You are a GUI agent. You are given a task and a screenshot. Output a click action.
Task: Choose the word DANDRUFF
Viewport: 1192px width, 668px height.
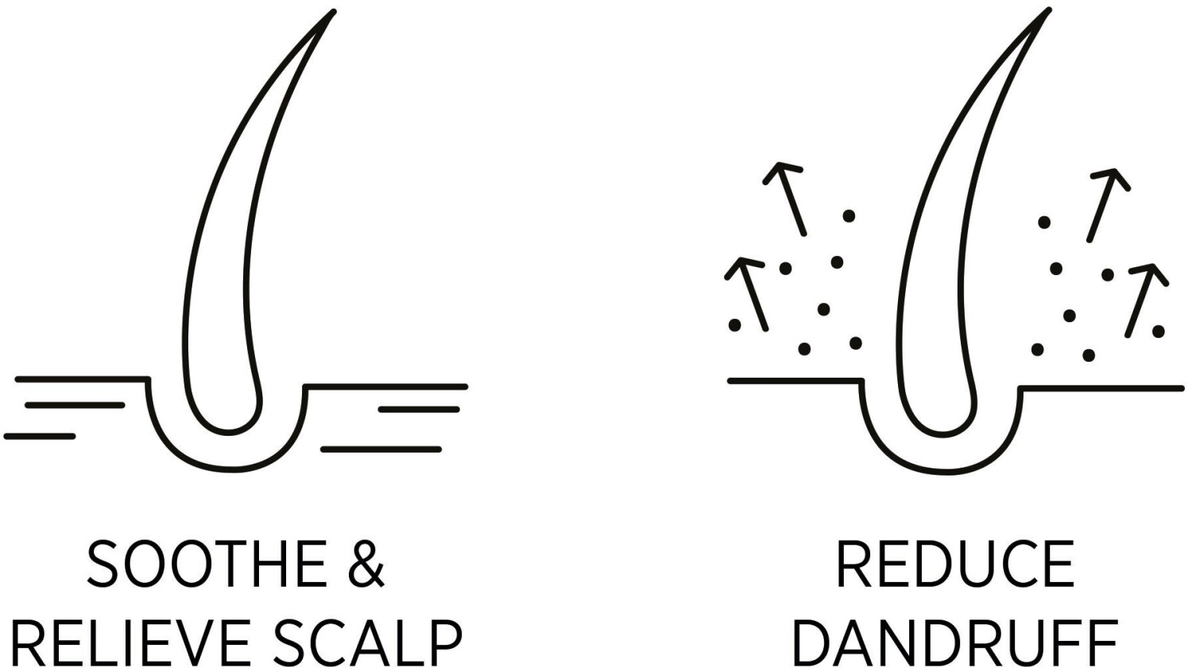pos(955,643)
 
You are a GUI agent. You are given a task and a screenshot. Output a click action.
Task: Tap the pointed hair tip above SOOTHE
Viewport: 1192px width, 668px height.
pos(330,14)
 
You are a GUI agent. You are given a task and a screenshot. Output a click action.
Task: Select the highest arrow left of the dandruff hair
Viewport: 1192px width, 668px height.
pos(789,199)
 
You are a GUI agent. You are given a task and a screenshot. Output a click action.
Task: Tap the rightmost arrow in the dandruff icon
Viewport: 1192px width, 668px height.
pos(1145,299)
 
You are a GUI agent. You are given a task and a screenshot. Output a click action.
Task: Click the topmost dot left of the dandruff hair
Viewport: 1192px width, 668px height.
pos(849,216)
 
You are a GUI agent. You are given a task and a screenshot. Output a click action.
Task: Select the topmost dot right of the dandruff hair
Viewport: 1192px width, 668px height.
pos(1044,222)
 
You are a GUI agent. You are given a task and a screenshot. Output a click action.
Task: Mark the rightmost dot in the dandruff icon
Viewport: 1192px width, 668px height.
pos(1158,331)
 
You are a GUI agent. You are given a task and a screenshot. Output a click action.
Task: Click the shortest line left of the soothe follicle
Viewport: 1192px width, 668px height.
pos(40,436)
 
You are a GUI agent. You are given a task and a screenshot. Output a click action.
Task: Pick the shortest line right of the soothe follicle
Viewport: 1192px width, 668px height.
pos(419,410)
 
